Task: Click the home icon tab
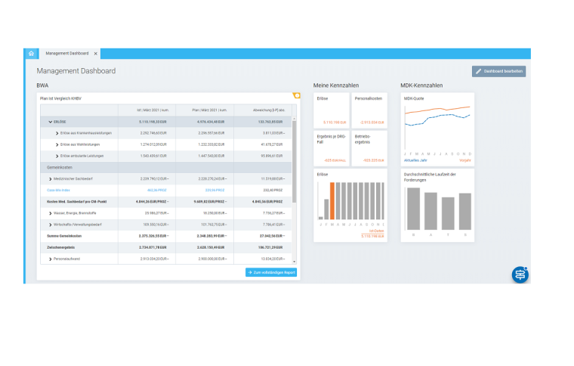click(x=31, y=54)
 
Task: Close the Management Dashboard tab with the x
click(x=96, y=54)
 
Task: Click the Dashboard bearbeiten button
click(x=498, y=71)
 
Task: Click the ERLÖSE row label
click(x=60, y=121)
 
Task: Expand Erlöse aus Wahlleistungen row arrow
click(x=57, y=144)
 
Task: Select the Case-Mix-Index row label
click(x=59, y=190)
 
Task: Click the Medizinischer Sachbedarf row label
click(x=84, y=178)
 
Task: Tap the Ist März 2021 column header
click(x=143, y=110)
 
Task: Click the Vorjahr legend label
click(x=464, y=160)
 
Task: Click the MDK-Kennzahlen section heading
click(x=421, y=85)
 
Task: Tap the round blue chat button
click(x=520, y=274)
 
